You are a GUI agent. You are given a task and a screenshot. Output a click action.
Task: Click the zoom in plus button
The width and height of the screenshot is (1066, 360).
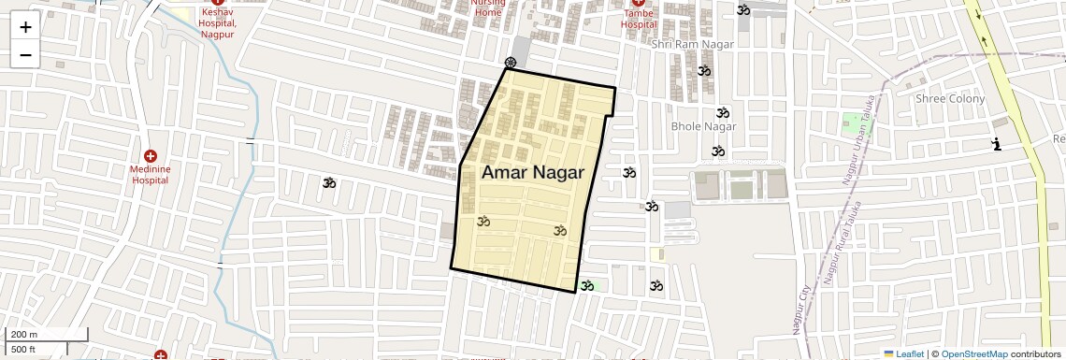(25, 27)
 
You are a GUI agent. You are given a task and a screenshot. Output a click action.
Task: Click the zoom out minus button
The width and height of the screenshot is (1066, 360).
(25, 55)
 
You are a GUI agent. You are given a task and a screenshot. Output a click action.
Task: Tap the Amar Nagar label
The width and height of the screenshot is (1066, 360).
(532, 172)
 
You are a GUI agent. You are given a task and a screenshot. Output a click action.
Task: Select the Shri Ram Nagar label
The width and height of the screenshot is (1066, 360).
(693, 44)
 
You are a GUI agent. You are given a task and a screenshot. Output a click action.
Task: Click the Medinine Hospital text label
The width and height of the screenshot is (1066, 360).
(150, 174)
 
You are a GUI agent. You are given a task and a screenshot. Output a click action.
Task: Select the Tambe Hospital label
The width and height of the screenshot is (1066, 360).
(639, 21)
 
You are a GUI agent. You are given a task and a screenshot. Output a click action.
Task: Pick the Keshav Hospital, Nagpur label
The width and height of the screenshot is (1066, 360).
(218, 22)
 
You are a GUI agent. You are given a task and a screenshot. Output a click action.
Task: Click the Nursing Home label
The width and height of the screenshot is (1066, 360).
(488, 8)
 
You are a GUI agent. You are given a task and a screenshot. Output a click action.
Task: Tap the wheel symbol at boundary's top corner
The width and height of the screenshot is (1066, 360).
(510, 63)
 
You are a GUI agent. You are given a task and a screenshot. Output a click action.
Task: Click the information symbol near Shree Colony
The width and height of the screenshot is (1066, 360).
(997, 144)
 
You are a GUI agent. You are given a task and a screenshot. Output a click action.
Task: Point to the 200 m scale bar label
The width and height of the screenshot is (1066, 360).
(25, 335)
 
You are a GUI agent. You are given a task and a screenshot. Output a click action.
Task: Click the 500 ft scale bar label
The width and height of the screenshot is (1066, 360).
(24, 350)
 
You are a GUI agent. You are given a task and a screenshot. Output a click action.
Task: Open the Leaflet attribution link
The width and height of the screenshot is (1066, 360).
(903, 353)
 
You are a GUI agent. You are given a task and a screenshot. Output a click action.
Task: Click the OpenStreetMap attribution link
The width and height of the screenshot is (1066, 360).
(973, 353)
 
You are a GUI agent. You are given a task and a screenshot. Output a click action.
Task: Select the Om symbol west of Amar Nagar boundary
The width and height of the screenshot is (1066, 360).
(328, 182)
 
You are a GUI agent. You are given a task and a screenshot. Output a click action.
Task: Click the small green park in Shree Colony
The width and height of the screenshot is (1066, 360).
(851, 122)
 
